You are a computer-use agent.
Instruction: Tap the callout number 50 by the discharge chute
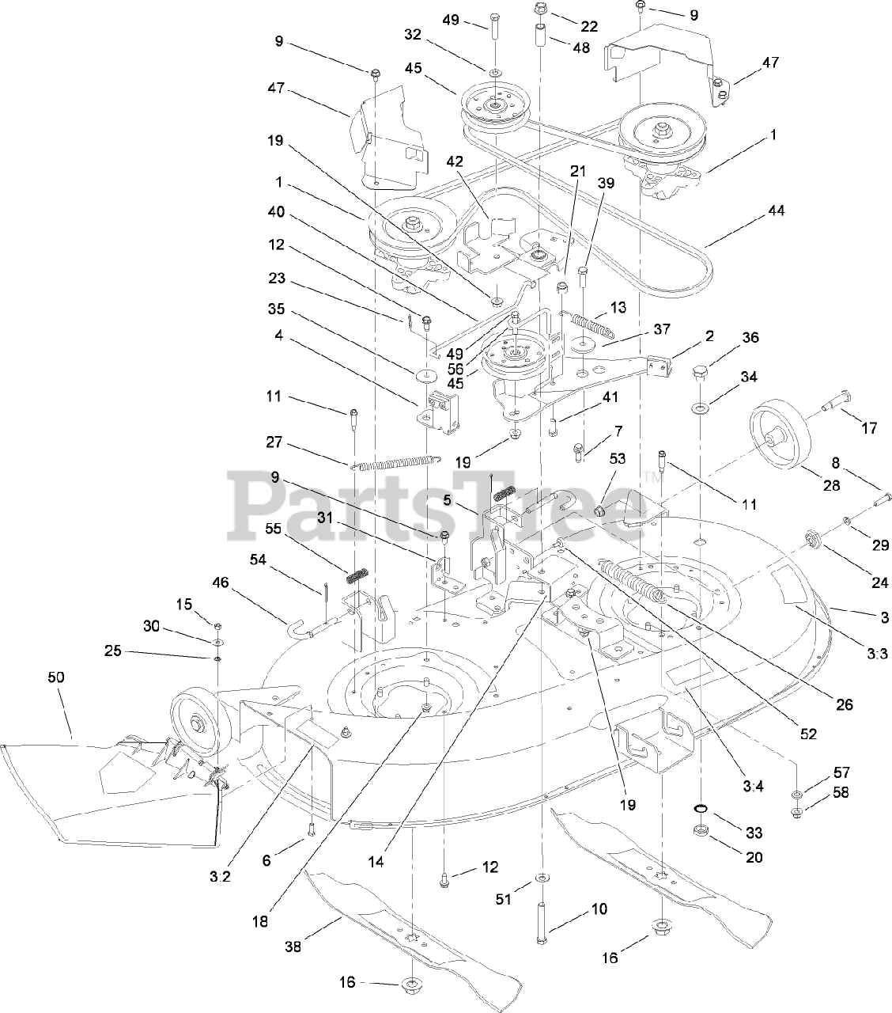(x=56, y=677)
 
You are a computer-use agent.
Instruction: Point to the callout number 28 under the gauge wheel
(x=831, y=485)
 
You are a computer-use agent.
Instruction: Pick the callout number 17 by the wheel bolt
(x=869, y=428)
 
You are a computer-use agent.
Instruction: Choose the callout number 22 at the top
(x=590, y=25)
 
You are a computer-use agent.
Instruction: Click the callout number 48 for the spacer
(x=581, y=47)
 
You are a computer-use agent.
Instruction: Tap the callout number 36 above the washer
(x=750, y=338)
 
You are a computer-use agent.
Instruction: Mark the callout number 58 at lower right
(x=841, y=791)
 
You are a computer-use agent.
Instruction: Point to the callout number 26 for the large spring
(x=845, y=704)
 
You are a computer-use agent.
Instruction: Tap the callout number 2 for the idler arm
(x=709, y=336)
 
